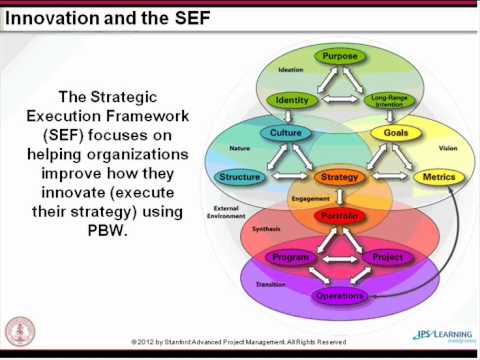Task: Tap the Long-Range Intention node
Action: coord(389,100)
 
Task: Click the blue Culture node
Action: coord(286,133)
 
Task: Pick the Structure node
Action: coord(239,177)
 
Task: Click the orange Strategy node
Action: coord(338,177)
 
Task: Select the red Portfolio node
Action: coord(338,215)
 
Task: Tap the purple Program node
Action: coord(290,257)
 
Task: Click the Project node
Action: coord(387,257)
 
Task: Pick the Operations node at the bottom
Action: coord(339,296)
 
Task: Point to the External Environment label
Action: coord(226,213)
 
